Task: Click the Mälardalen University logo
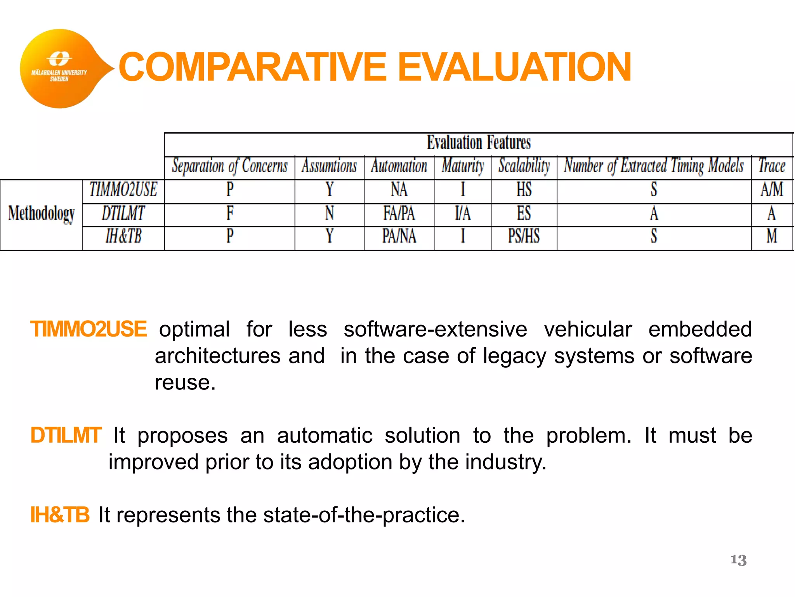pos(59,69)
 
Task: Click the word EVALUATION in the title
pos(514,67)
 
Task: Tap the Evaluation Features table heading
pos(479,143)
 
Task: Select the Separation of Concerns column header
pos(230,166)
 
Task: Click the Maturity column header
pos(463,166)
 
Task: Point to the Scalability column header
pos(524,166)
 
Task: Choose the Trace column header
pos(772,166)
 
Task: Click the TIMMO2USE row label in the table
pos(123,190)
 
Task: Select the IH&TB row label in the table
pos(123,236)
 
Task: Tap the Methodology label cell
pos(42,214)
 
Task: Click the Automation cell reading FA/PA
pos(399,213)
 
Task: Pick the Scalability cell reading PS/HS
pos(524,236)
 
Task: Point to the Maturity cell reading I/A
pos(463,213)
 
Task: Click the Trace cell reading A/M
pos(772,190)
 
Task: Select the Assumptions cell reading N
pos(330,213)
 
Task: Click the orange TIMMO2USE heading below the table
pos(89,329)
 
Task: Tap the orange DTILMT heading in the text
pos(66,435)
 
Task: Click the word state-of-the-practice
pos(364,515)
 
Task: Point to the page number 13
pos(738,560)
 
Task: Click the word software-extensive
pos(435,329)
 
